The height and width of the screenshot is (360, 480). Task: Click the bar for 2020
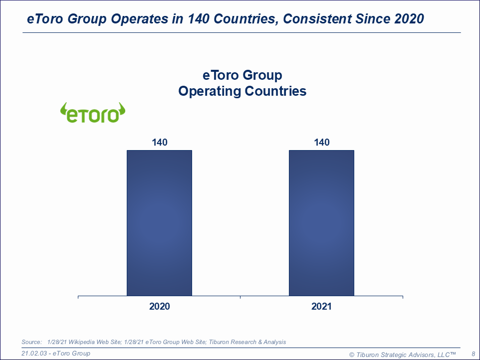tap(159, 223)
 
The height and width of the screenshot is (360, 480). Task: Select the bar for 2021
tap(321, 223)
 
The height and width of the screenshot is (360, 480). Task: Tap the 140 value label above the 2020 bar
tap(159, 143)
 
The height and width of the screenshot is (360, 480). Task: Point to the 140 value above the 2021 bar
tap(321, 143)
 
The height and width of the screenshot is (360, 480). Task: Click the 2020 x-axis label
tap(159, 306)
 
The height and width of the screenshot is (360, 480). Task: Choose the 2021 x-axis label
tap(321, 306)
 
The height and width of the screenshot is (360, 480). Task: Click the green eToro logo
tap(93, 113)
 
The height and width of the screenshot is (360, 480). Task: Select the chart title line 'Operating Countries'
tap(242, 92)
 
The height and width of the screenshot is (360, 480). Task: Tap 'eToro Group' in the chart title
tap(242, 75)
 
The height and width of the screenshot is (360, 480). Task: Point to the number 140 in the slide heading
tap(199, 19)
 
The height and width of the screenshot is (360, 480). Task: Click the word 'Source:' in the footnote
tap(31, 342)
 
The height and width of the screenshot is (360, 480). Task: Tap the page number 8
tap(473, 354)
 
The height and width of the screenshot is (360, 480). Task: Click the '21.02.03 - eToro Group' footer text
tap(56, 354)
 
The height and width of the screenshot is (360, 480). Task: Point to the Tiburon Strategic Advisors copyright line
tap(402, 354)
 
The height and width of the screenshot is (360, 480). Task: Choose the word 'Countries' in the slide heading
tap(246, 19)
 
